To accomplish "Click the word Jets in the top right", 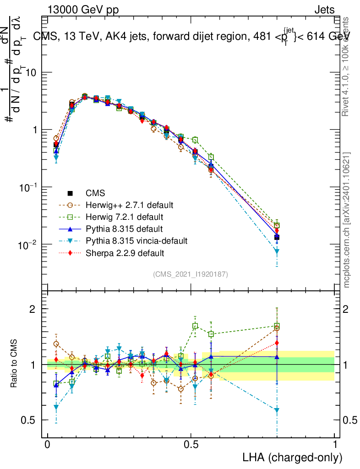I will point(324,10).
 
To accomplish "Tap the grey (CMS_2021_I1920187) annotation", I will point(191,274).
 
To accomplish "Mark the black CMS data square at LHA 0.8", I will point(277,237).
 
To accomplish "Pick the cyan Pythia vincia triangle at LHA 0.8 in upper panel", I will point(277,251).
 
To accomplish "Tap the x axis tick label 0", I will point(47,445).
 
